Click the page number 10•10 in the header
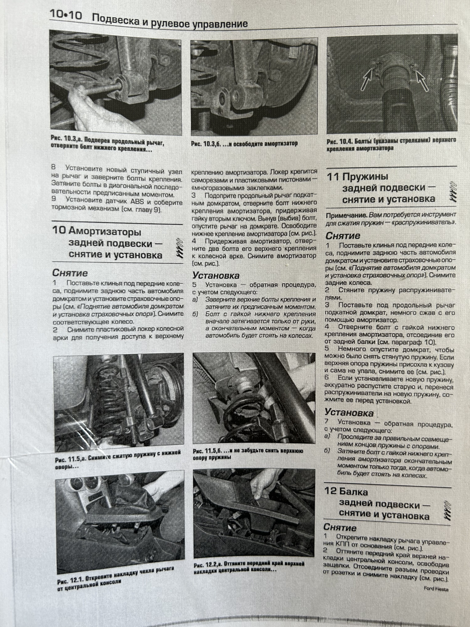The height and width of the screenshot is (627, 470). pos(66,15)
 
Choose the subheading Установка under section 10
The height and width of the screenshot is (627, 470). pos(216,275)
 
